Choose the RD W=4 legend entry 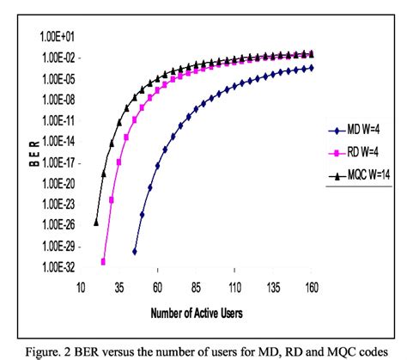click(x=361, y=154)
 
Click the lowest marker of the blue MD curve click(x=135, y=251)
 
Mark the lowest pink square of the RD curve click(x=104, y=261)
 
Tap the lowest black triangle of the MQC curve click(x=96, y=221)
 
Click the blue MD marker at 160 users click(x=310, y=67)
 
